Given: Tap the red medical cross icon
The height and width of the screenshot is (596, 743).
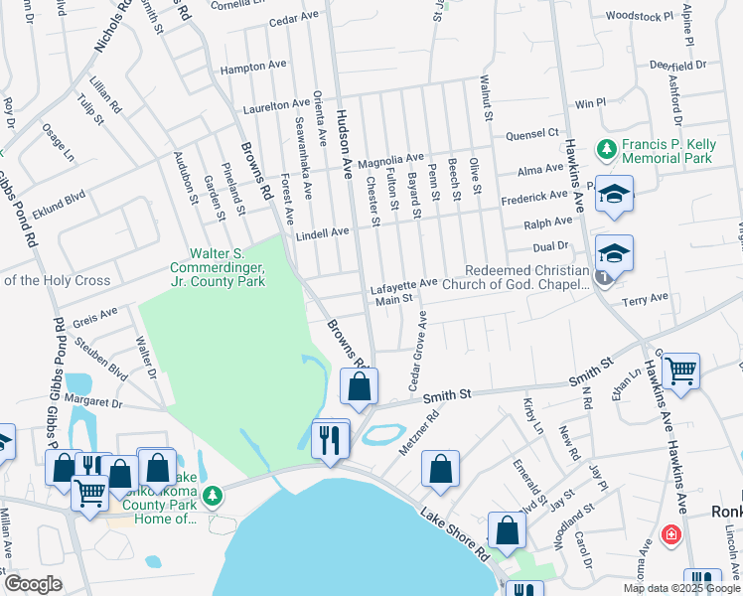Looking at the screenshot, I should [x=672, y=533].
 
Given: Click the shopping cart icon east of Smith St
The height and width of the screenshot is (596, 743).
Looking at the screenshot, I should [x=680, y=371].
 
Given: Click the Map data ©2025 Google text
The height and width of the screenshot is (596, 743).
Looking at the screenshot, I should [x=679, y=588].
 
